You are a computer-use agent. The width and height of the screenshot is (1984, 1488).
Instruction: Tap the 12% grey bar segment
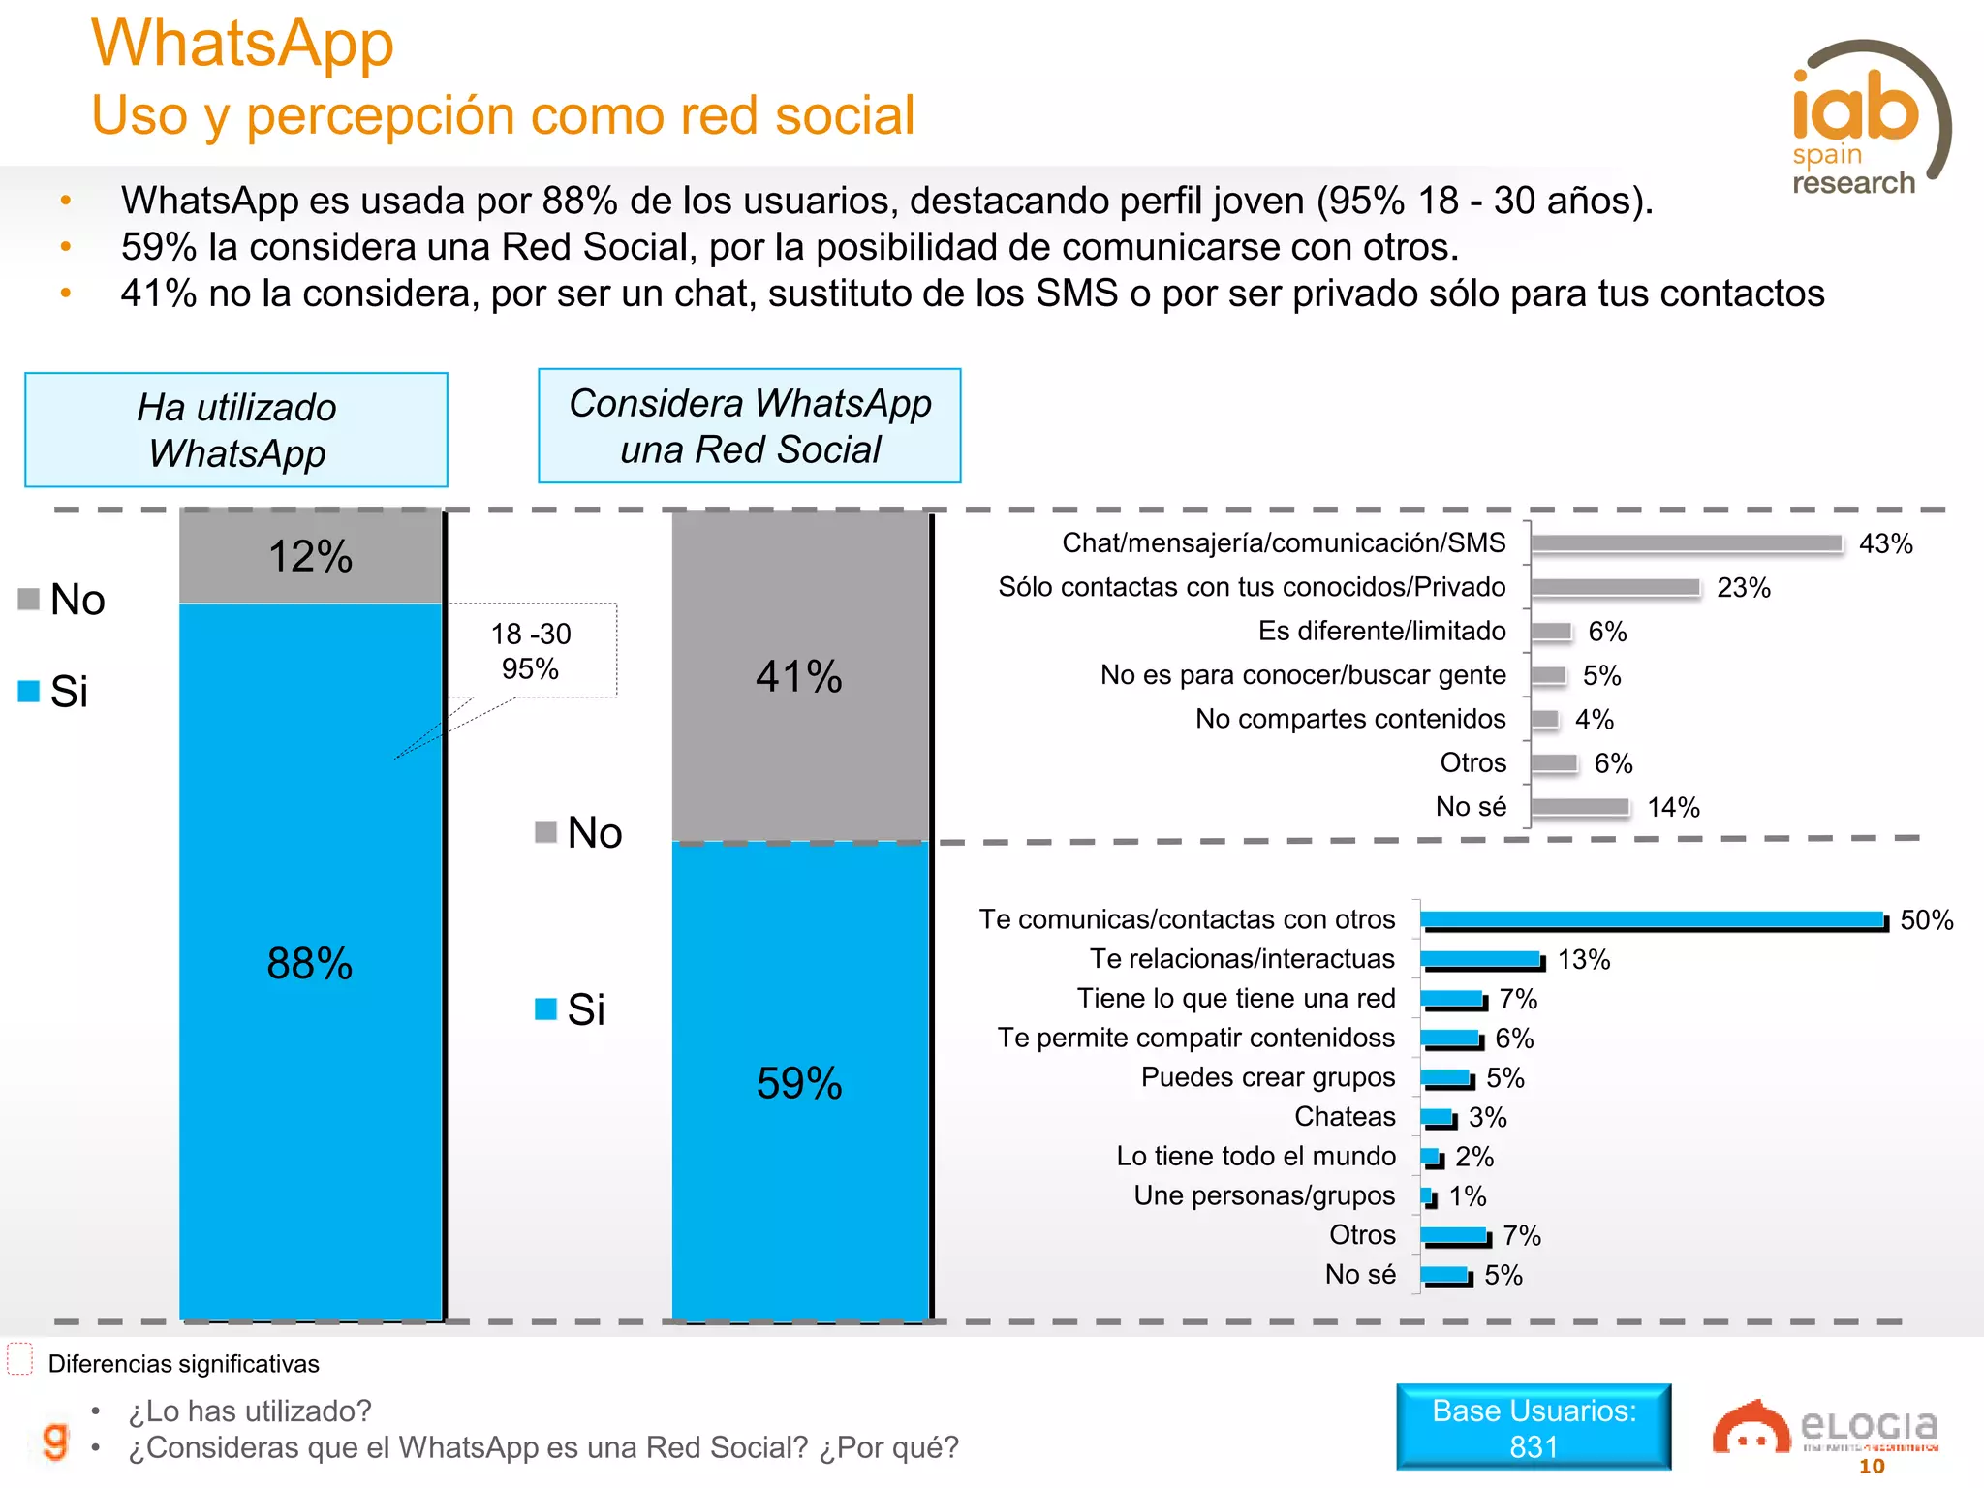pyautogui.click(x=310, y=556)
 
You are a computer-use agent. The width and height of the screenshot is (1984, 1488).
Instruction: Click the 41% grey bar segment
pyautogui.click(x=800, y=676)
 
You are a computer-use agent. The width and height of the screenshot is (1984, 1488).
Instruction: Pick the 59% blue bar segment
pyautogui.click(x=800, y=1082)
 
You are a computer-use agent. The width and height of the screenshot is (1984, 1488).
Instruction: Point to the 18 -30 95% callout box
pyautogui.click(x=531, y=650)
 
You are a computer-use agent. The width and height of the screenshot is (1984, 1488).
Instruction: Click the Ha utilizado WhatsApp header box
pyautogui.click(x=236, y=430)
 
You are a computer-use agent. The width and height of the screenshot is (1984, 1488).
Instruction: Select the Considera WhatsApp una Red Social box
pyautogui.click(x=749, y=426)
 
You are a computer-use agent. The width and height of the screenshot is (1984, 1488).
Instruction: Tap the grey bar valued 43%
pyautogui.click(x=1686, y=543)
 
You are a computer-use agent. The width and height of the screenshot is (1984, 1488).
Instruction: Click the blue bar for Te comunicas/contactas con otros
pyautogui.click(x=1653, y=920)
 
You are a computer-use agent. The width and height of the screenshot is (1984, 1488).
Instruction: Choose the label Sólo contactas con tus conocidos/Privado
pyautogui.click(x=1252, y=587)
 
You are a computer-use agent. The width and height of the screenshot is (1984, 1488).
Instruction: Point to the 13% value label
pyautogui.click(x=1584, y=960)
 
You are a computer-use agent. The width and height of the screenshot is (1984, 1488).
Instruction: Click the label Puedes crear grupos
pyautogui.click(x=1267, y=1077)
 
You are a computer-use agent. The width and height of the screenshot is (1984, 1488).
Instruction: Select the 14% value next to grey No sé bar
pyautogui.click(x=1673, y=808)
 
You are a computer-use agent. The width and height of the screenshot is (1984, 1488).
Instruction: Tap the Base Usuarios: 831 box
pyautogui.click(x=1534, y=1428)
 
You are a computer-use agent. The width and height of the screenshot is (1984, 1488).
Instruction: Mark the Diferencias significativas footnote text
pyautogui.click(x=183, y=1364)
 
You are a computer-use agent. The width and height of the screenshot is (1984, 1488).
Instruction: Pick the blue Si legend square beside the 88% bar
pyautogui.click(x=29, y=691)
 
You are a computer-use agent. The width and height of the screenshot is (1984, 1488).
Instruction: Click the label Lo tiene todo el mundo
pyautogui.click(x=1255, y=1157)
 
